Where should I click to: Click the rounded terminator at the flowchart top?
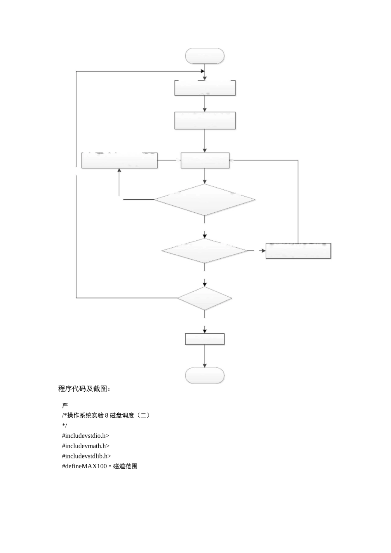[x=205, y=56]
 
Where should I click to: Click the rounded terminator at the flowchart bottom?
[x=205, y=376]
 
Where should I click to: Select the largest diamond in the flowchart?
[x=205, y=200]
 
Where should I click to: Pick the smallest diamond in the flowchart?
[x=205, y=298]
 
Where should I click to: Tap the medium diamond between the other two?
[x=205, y=251]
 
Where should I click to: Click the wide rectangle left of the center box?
[x=119, y=160]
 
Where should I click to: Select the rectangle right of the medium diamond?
[x=298, y=251]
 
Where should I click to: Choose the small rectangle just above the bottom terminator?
[x=205, y=339]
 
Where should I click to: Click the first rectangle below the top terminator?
[x=205, y=88]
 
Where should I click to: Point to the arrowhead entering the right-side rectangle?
[x=263, y=251]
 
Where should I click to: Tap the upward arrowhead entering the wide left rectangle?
[x=119, y=170]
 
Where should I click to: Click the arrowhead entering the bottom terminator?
[x=205, y=365]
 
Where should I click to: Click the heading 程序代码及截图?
[x=84, y=389]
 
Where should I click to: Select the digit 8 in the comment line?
[x=107, y=416]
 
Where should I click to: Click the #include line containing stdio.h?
[x=86, y=436]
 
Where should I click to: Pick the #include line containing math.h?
[x=86, y=446]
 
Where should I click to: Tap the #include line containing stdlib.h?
[x=86, y=456]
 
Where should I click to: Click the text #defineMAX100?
[x=84, y=467]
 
